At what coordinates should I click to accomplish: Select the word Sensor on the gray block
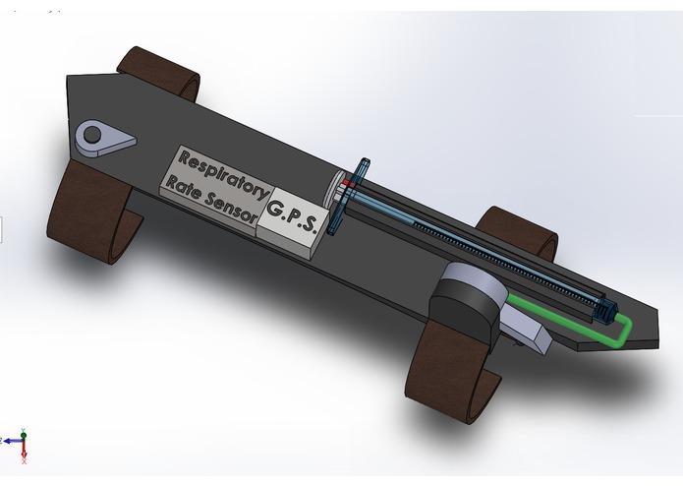pos(230,207)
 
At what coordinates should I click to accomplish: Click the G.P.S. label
pos(291,214)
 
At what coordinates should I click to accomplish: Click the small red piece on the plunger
pos(348,184)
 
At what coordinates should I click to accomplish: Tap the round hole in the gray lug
pos(92,134)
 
